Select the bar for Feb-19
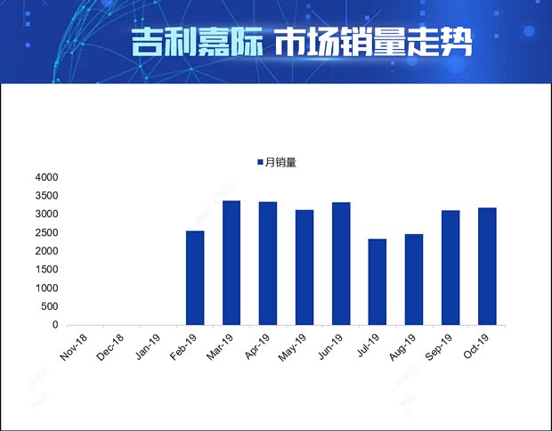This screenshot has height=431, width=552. click(195, 278)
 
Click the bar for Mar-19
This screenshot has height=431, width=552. click(231, 263)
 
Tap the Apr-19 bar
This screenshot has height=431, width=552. click(268, 264)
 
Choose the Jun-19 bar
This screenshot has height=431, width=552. click(341, 264)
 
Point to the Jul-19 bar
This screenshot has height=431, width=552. click(377, 281)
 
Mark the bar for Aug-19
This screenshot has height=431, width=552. click(414, 280)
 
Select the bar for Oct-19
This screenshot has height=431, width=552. click(487, 266)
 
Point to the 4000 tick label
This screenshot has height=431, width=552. click(46, 177)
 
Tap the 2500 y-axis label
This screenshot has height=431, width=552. click(46, 232)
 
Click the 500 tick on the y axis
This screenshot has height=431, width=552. click(49, 306)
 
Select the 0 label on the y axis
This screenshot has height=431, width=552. click(54, 325)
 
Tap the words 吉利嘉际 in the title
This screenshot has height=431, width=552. click(195, 42)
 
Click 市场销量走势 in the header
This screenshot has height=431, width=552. click(372, 42)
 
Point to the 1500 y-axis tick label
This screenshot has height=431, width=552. click(46, 270)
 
